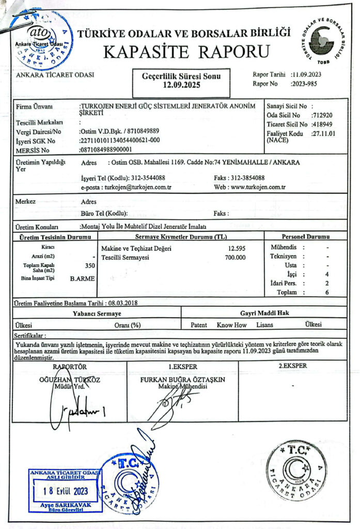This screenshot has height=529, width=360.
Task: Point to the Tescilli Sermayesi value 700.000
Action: point(235,257)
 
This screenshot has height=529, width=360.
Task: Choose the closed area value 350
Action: point(89,266)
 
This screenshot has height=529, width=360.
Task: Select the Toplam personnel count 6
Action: point(327,292)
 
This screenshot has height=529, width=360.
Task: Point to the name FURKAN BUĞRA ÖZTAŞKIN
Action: point(183,379)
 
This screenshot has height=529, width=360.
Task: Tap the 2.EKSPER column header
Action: point(293,366)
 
